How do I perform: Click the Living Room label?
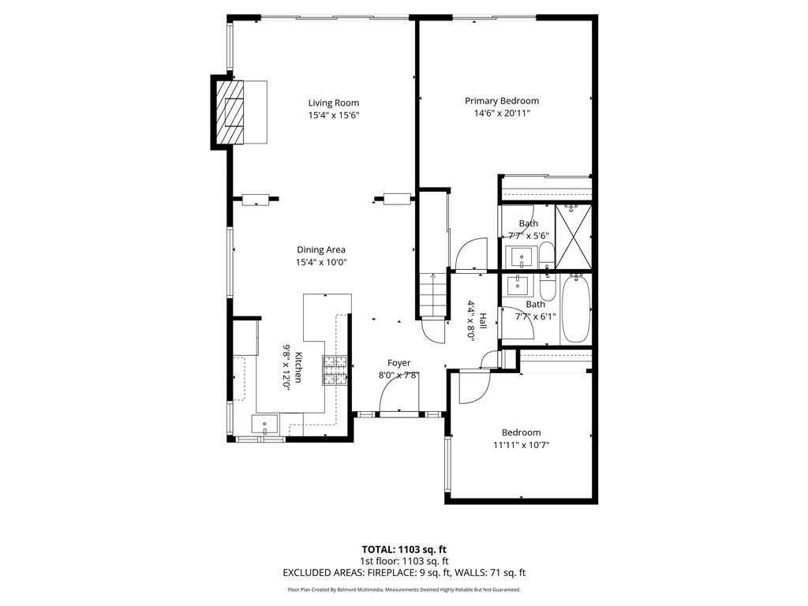click(x=333, y=103)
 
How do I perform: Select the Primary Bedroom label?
click(x=501, y=100)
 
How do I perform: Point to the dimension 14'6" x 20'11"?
click(x=501, y=114)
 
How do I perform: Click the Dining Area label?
click(x=320, y=250)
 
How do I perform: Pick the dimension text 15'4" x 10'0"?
click(x=320, y=263)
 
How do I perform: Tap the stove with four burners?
click(x=334, y=371)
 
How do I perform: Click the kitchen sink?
click(x=264, y=424)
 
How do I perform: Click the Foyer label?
click(x=398, y=363)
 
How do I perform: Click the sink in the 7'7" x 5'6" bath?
click(x=522, y=256)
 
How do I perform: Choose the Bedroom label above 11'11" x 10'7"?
click(x=521, y=432)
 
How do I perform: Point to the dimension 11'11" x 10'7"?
click(x=521, y=445)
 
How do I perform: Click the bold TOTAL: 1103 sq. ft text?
click(x=403, y=549)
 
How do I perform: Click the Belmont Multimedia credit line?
click(x=403, y=589)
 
